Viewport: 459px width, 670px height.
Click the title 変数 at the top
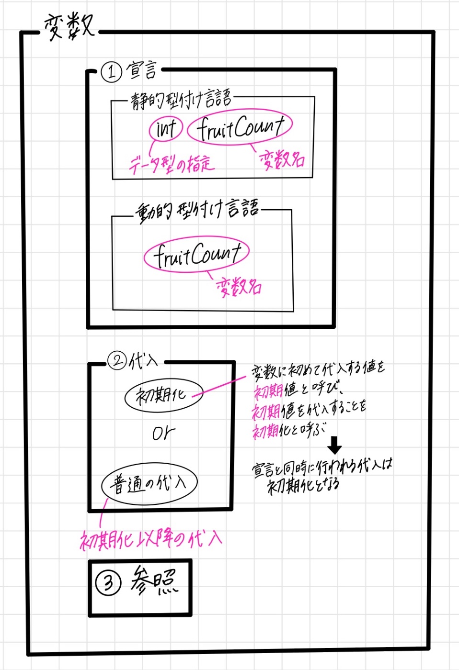[x=69, y=26]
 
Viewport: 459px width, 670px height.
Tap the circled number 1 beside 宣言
[x=111, y=72]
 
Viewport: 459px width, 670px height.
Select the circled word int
[x=166, y=128]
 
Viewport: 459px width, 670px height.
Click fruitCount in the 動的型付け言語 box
[x=196, y=254]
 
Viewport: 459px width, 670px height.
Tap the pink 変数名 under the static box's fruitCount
[x=282, y=159]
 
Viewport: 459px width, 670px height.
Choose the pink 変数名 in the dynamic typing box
[x=239, y=287]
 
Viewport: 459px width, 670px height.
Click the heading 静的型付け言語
[x=181, y=100]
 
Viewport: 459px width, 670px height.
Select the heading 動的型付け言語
[x=196, y=211]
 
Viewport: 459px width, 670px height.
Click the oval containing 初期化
[x=163, y=395]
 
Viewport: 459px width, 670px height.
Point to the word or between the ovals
[x=163, y=434]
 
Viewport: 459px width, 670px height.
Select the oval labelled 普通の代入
[x=149, y=484]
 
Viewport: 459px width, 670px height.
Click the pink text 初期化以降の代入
[x=150, y=540]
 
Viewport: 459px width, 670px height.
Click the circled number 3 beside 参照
[x=108, y=583]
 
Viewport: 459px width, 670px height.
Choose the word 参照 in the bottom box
[x=153, y=581]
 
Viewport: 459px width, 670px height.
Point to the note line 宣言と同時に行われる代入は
[x=322, y=466]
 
